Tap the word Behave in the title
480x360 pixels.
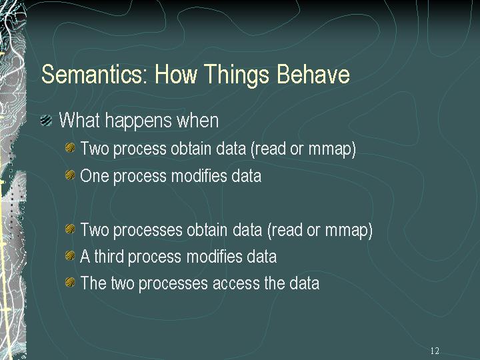[313, 74]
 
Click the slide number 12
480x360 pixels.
[435, 351]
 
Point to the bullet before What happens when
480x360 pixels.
[46, 120]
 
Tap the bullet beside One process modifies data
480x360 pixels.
[70, 175]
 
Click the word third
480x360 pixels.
[109, 256]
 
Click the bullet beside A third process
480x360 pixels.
[70, 255]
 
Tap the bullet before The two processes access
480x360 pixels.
[70, 282]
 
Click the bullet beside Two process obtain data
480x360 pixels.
[70, 148]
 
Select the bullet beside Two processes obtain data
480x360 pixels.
[70, 229]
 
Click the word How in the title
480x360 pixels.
[175, 74]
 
